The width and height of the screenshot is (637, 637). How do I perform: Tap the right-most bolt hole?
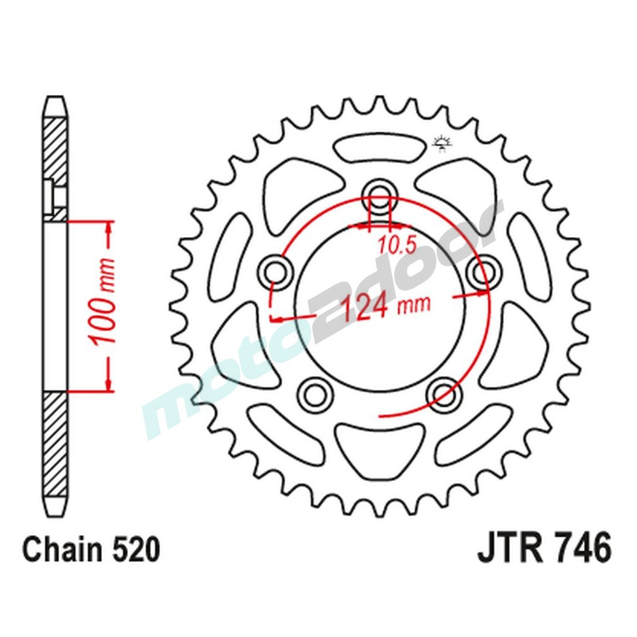coord(482,272)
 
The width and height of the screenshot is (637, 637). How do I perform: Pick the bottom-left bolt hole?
coord(313,394)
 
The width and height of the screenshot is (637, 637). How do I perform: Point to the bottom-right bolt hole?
coord(444,393)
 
